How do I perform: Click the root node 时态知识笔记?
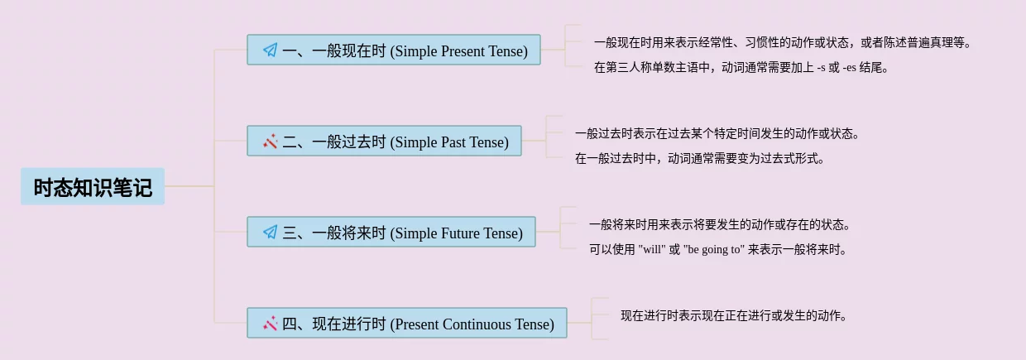tap(93, 186)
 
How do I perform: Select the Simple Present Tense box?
tap(394, 50)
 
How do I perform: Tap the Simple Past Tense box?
tap(384, 141)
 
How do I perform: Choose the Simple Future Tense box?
tap(391, 232)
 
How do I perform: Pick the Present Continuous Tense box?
tap(407, 323)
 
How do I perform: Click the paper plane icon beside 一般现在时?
tap(271, 50)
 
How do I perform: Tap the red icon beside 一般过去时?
tap(271, 141)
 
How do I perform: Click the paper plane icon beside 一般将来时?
tap(271, 233)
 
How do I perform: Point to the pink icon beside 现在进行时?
tap(271, 324)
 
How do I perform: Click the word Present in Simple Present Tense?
tap(461, 50)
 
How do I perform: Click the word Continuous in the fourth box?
tap(477, 324)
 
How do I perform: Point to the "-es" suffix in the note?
tap(849, 68)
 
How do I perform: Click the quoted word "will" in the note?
tap(652, 250)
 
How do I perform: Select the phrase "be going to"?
tap(712, 250)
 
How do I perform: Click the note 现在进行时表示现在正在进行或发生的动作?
tap(734, 315)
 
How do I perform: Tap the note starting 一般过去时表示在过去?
tap(717, 134)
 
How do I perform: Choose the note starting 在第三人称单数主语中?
tap(741, 68)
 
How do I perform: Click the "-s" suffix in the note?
tap(822, 68)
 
